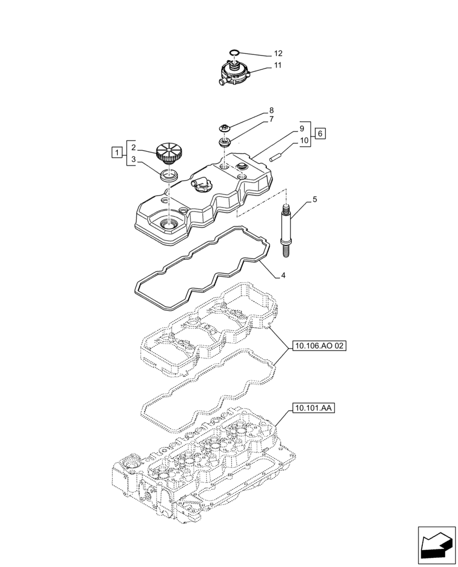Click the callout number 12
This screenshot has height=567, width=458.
(x=278, y=53)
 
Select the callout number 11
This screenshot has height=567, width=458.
(x=278, y=66)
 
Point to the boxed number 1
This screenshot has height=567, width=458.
(x=116, y=152)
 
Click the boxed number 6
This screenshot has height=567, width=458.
(x=320, y=134)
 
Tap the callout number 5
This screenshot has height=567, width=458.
(x=315, y=201)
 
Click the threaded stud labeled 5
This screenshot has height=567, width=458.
(x=286, y=232)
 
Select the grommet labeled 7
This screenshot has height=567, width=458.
(x=224, y=142)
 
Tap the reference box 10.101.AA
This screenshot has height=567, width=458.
(x=315, y=408)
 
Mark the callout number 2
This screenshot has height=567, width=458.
(x=132, y=147)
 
